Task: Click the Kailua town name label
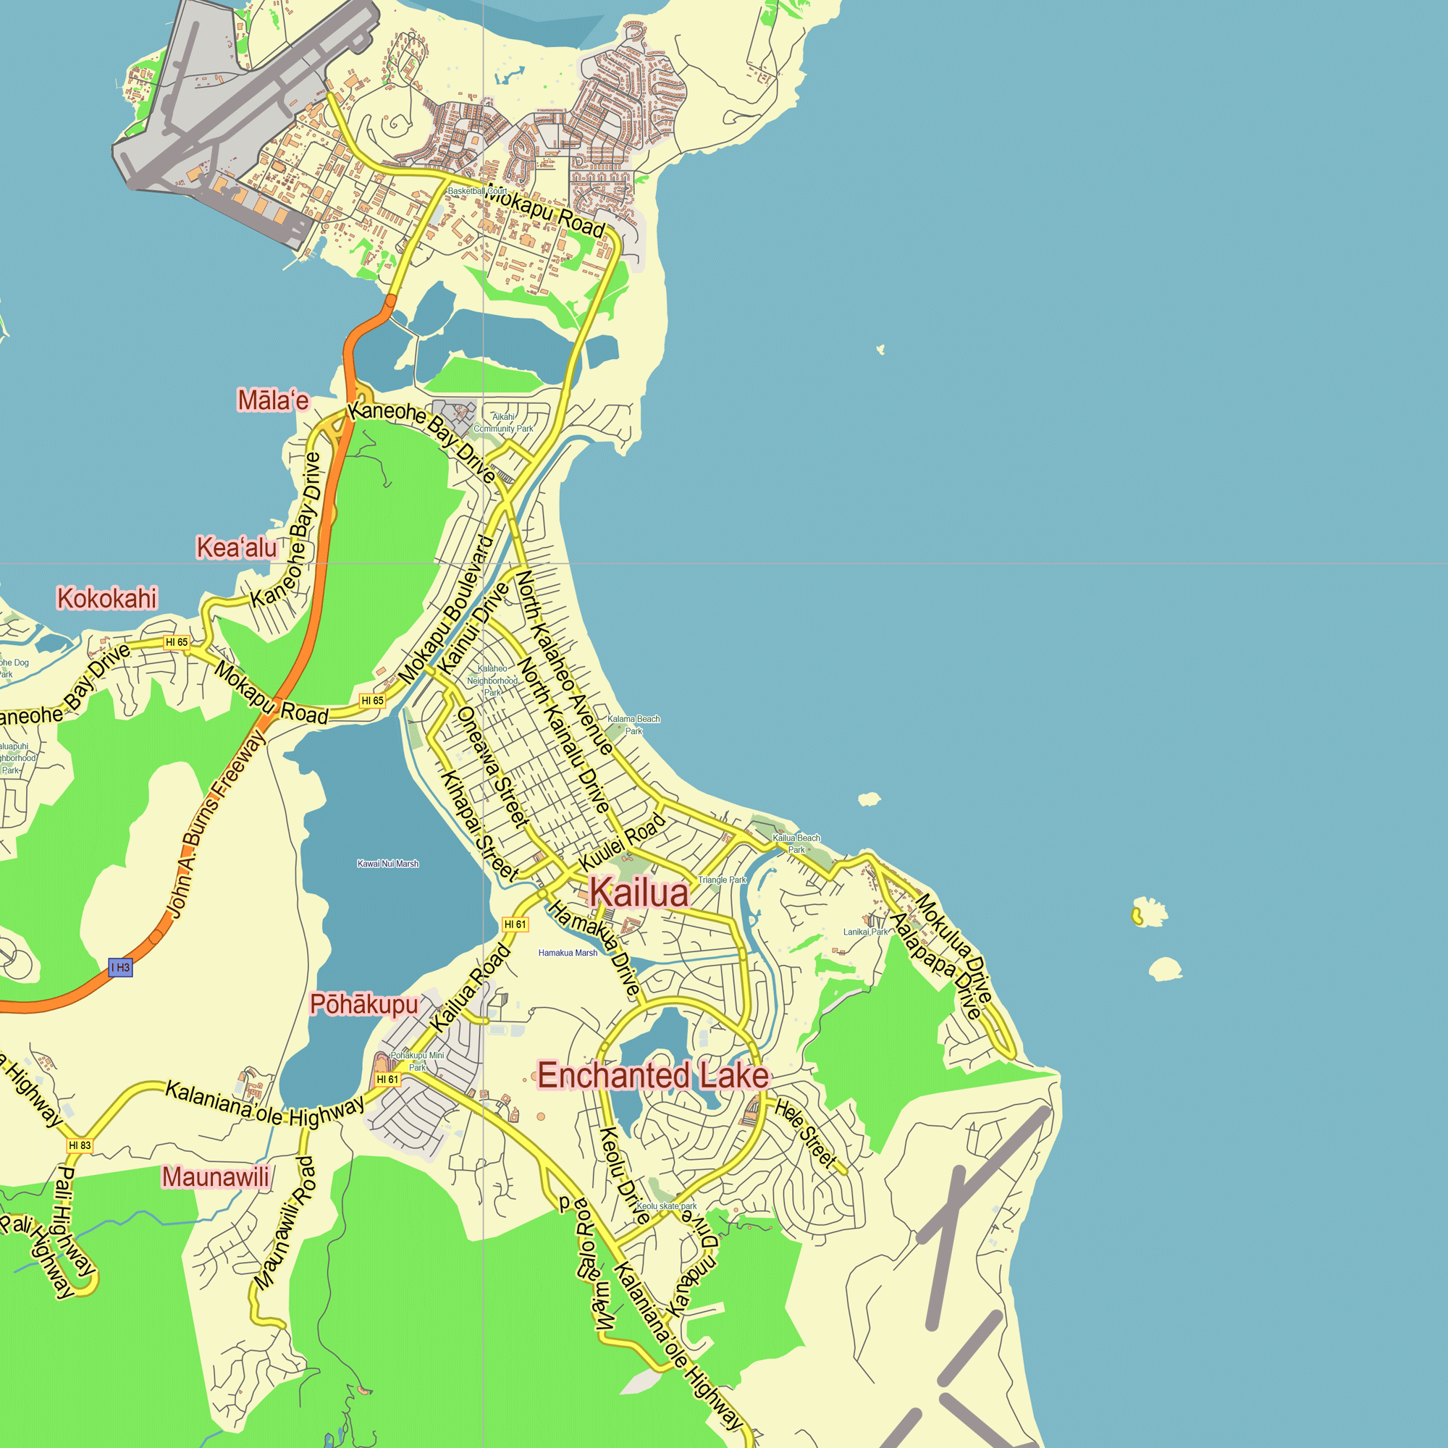tap(639, 893)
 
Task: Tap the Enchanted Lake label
tap(653, 1077)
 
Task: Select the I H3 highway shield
tap(120, 967)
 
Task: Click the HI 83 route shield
tap(80, 1145)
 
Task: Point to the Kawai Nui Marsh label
tap(387, 864)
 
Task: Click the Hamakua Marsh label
tap(568, 953)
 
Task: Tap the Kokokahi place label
tap(107, 599)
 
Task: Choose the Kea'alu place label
tap(237, 548)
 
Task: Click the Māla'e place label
tap(273, 401)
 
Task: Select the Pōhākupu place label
tap(363, 1004)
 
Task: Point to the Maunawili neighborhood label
tap(216, 1176)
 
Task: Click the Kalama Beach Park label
tap(633, 725)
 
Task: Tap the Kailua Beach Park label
tap(796, 843)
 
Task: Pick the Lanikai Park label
tap(865, 932)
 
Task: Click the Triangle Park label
tap(722, 880)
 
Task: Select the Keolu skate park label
tap(666, 1206)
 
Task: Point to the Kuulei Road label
tap(623, 843)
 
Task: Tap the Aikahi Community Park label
tap(504, 423)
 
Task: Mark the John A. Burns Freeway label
tap(216, 825)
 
